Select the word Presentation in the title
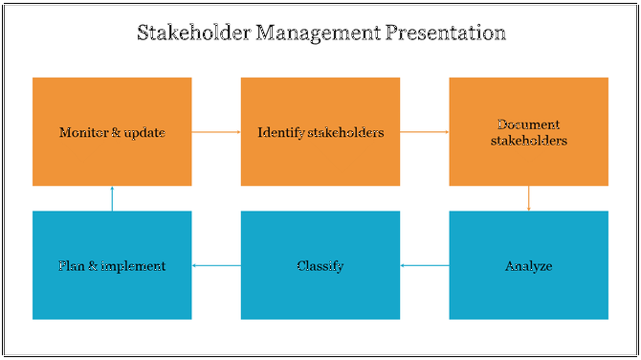(445, 34)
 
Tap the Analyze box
(528, 265)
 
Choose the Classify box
(320, 265)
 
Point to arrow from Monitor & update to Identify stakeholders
(216, 132)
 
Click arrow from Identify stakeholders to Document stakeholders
(425, 132)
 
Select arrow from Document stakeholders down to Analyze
(529, 198)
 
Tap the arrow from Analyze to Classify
(425, 265)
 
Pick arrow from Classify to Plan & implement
(216, 265)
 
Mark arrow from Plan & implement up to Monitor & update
(112, 198)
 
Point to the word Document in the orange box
(529, 124)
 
